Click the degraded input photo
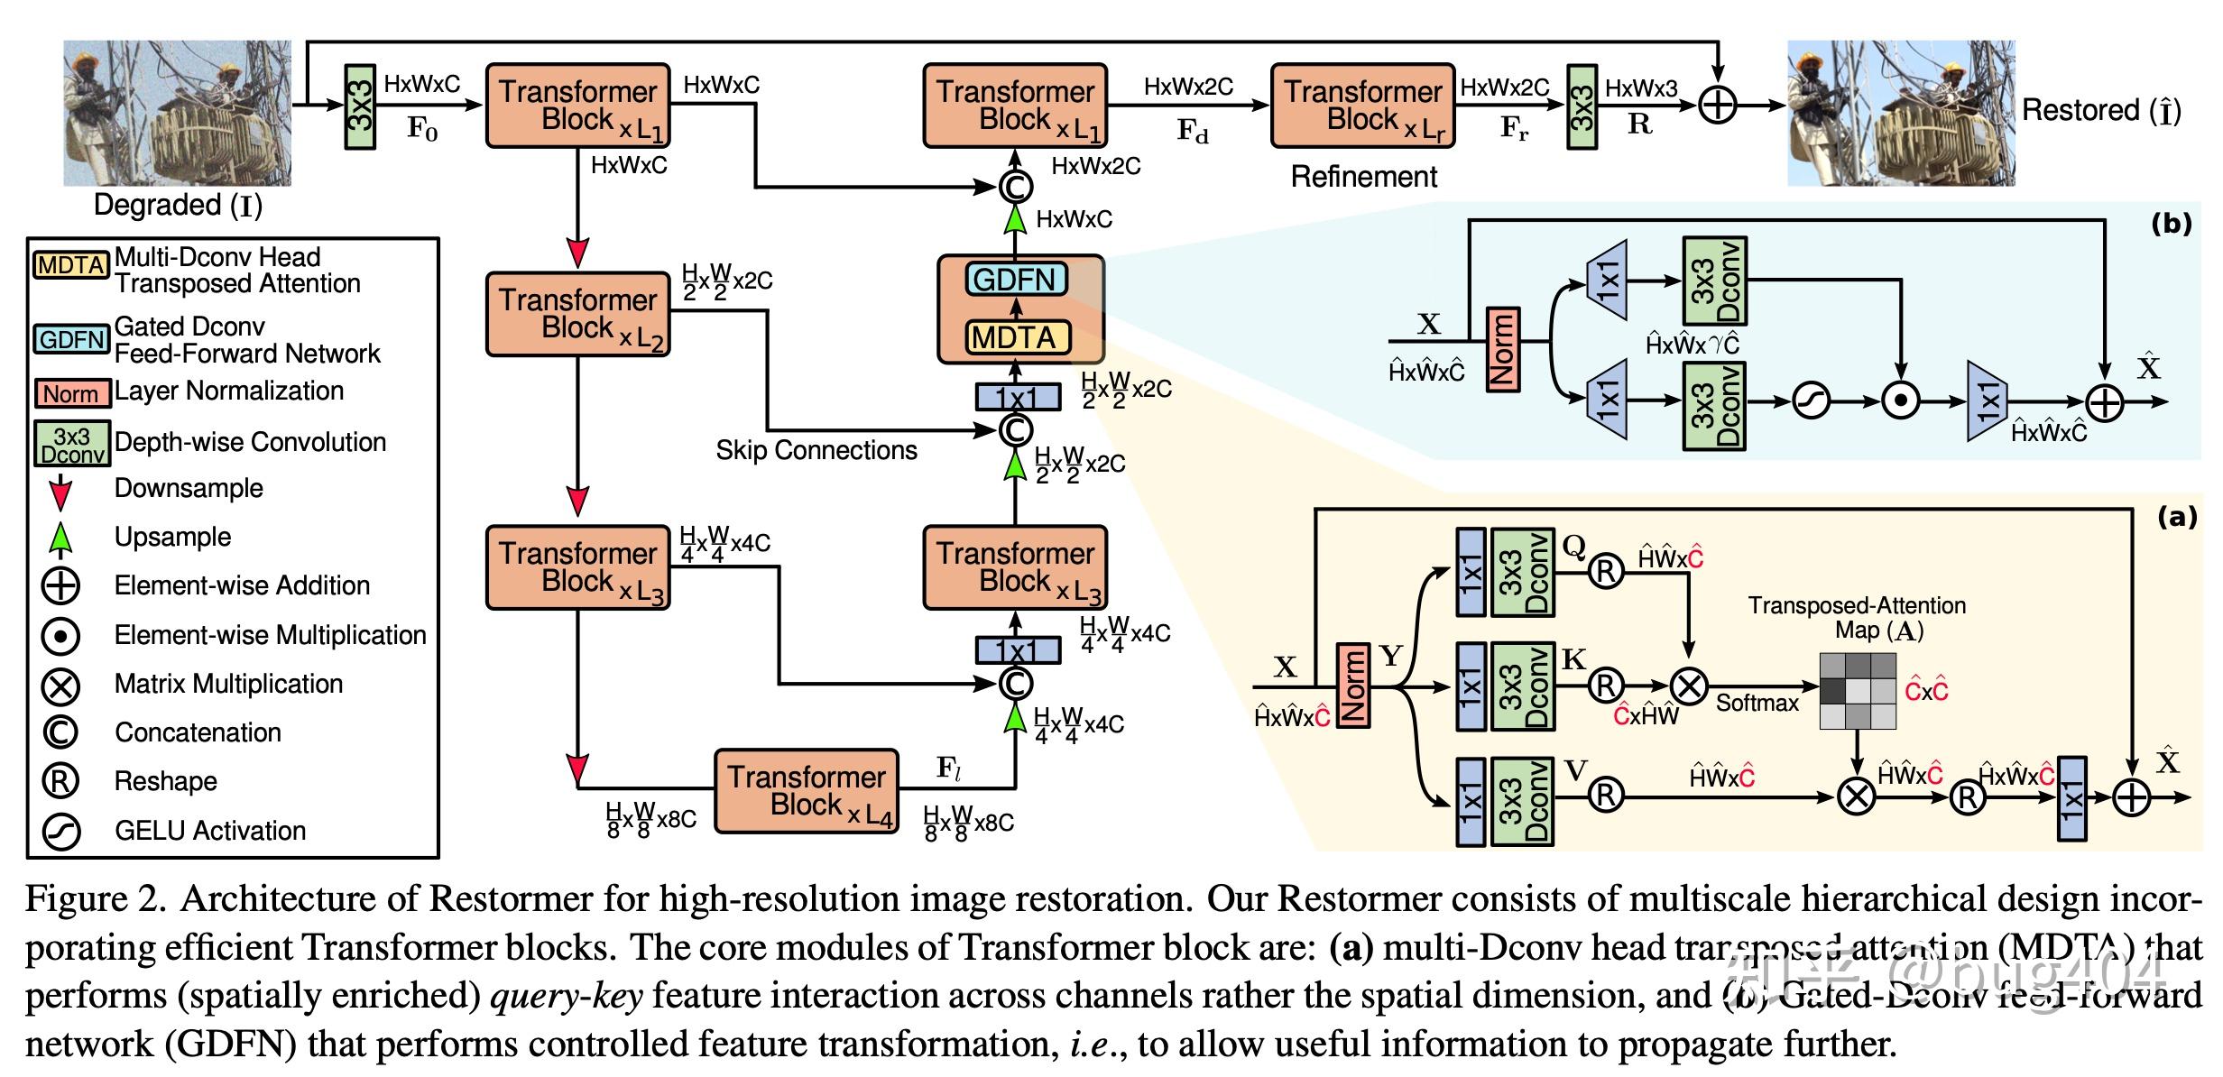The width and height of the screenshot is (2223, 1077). (177, 113)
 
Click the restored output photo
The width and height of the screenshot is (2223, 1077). (1901, 113)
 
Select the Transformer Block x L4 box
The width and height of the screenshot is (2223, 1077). (807, 791)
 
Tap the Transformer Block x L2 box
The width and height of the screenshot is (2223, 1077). (577, 314)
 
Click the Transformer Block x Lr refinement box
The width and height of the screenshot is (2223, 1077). (1362, 106)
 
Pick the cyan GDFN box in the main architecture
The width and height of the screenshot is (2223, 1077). (1015, 280)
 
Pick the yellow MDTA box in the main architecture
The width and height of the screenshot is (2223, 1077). (1017, 337)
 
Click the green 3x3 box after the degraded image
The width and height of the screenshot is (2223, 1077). (360, 106)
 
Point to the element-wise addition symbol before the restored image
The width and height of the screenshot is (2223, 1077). (1718, 106)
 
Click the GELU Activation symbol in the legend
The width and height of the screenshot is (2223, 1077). (60, 831)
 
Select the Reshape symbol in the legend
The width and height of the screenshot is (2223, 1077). (60, 781)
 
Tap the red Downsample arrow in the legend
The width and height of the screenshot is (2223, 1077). (60, 492)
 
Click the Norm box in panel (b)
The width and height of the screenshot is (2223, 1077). (1502, 349)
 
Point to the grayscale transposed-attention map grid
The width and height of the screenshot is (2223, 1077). (1858, 690)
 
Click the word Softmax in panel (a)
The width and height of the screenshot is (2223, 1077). (1757, 703)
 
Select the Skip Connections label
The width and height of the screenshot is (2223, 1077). (816, 450)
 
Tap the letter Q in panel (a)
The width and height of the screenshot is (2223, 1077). (1573, 546)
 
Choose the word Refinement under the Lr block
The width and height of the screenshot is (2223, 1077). (1363, 177)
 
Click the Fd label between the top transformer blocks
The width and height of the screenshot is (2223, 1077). (1192, 132)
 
